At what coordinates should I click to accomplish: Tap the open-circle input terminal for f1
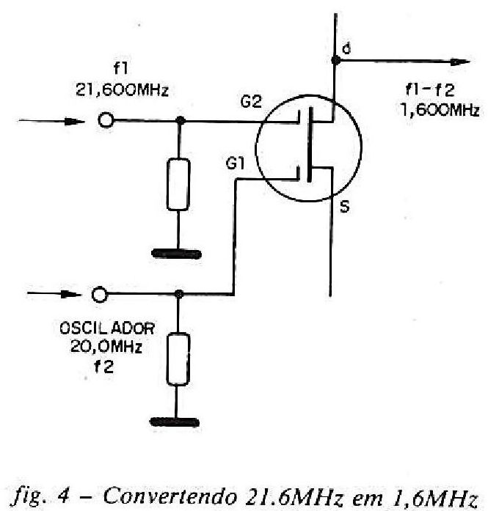click(106, 121)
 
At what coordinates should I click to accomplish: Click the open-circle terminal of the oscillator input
click(98, 295)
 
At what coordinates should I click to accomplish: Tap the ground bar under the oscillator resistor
click(177, 422)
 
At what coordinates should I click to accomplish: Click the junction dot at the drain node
click(335, 62)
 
